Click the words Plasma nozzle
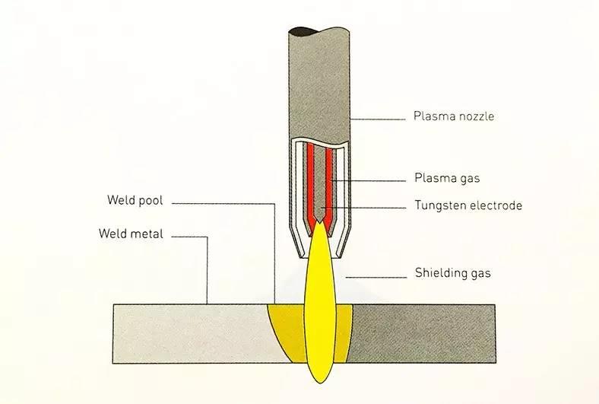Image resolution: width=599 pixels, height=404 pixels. pos(454,117)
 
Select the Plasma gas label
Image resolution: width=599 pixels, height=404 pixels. pos(447,179)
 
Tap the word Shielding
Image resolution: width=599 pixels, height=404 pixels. pos(440,272)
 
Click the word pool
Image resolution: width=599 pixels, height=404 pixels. pos(149,201)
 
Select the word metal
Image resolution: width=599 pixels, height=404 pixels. pos(147,234)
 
